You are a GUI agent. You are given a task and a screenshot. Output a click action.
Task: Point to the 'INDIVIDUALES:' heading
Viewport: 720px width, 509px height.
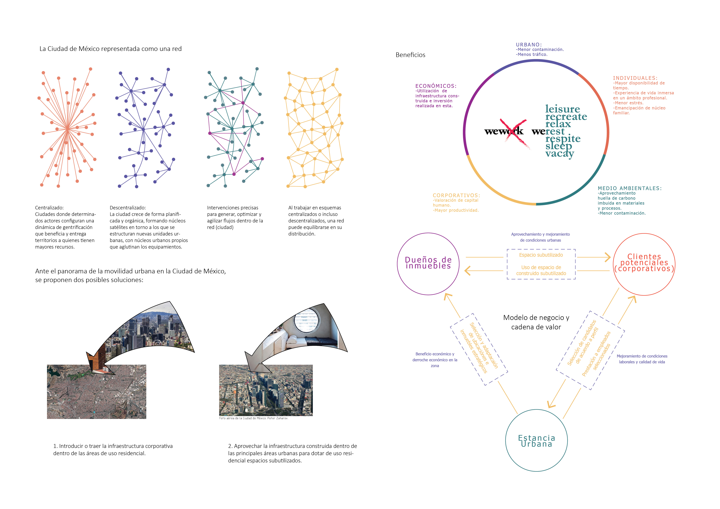(635, 78)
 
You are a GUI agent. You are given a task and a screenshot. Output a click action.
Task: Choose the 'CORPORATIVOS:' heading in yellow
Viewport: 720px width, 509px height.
(456, 195)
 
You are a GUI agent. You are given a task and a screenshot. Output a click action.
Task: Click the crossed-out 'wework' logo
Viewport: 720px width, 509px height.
(504, 131)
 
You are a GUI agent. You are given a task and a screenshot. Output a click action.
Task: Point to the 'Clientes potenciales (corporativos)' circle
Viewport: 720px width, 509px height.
(644, 264)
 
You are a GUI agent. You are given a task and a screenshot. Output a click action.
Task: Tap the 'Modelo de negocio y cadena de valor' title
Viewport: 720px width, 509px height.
(536, 322)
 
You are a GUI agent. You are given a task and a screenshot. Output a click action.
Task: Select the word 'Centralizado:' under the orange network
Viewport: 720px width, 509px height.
(49, 207)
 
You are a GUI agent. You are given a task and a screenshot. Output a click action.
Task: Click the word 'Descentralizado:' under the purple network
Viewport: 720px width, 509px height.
(128, 207)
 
